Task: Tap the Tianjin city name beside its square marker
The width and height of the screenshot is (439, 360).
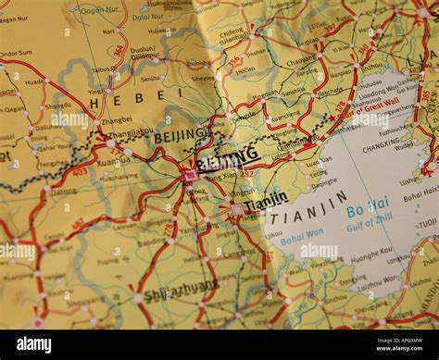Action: [x=266, y=199]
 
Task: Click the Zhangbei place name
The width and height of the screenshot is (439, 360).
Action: [x=117, y=119]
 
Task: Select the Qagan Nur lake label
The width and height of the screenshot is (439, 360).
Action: [x=100, y=11]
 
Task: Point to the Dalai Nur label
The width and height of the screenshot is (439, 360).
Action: [x=146, y=17]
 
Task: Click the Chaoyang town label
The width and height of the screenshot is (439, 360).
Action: [x=302, y=60]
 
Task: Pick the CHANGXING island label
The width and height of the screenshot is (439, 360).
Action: [x=381, y=147]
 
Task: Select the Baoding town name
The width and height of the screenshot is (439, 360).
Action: [x=151, y=243]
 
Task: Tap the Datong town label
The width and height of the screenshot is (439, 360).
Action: [x=64, y=192]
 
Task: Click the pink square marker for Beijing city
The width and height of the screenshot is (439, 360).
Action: [x=191, y=174]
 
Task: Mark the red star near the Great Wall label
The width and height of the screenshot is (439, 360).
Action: [x=332, y=118]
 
